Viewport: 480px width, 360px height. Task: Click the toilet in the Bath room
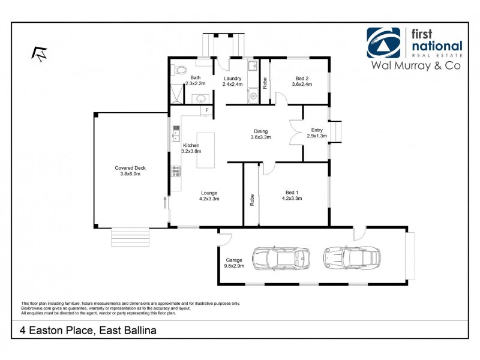(179, 70)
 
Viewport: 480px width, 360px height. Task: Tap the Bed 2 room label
(302, 78)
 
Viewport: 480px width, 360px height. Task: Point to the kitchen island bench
(205, 151)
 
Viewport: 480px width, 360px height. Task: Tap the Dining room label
(260, 131)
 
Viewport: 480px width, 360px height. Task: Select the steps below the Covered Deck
(130, 237)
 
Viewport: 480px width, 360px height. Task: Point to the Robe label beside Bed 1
(252, 200)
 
